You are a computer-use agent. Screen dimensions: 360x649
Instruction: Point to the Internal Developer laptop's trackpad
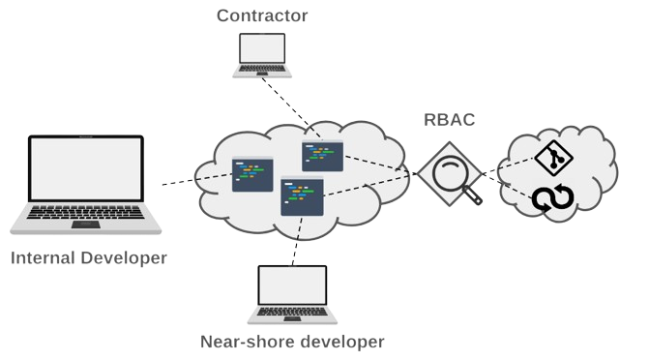click(86, 224)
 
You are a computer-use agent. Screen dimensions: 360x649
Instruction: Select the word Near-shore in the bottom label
click(242, 342)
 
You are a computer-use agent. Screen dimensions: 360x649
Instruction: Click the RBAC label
click(450, 121)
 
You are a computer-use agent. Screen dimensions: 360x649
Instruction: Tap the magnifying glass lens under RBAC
click(449, 175)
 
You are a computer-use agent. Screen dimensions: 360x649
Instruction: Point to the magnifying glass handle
click(472, 197)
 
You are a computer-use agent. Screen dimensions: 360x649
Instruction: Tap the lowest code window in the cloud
click(301, 195)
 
